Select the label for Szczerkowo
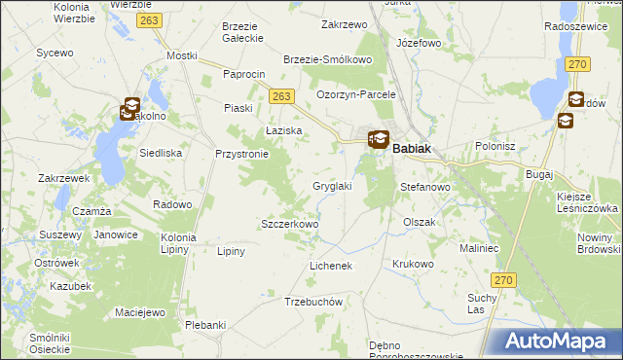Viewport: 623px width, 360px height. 290,224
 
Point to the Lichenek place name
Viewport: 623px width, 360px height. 329,265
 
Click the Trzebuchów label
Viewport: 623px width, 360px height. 314,302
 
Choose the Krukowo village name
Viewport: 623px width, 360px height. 413,264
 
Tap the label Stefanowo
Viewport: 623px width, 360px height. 424,186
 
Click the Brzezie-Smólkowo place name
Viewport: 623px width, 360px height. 328,59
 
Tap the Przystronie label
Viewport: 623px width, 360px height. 241,154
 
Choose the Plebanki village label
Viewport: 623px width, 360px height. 205,325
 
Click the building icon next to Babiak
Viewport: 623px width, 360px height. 378,140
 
